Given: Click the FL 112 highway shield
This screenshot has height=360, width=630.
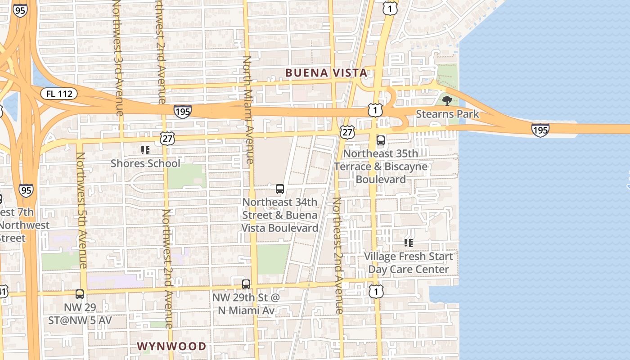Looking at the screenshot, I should pyautogui.click(x=59, y=94).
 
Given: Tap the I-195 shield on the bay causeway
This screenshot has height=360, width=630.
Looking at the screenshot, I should pyautogui.click(x=540, y=130).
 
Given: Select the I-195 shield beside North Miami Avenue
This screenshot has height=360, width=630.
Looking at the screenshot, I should pyautogui.click(x=183, y=111).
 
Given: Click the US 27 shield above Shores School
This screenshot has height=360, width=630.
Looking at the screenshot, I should pyautogui.click(x=167, y=138).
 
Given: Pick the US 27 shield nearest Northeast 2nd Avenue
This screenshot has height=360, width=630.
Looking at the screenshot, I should pyautogui.click(x=347, y=132).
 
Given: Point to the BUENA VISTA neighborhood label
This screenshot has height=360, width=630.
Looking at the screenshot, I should pyautogui.click(x=326, y=73).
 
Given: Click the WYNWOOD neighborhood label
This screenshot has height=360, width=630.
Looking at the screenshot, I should pyautogui.click(x=171, y=346).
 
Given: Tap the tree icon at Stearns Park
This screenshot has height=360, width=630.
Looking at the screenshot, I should pyautogui.click(x=447, y=100).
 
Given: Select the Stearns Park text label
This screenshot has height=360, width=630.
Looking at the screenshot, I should pyautogui.click(x=447, y=114).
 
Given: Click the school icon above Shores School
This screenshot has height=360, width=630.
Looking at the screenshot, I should pyautogui.click(x=145, y=150).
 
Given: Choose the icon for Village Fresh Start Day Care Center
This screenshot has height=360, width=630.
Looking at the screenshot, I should pyautogui.click(x=408, y=243).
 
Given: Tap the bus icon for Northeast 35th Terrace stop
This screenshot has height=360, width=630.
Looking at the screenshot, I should pyautogui.click(x=381, y=140).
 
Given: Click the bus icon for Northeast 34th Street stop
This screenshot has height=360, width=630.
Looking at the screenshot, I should pyautogui.click(x=280, y=189).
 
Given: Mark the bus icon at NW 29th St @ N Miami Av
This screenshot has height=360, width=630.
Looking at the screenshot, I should pyautogui.click(x=246, y=284).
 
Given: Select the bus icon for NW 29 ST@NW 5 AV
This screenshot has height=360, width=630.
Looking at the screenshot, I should pyautogui.click(x=80, y=294).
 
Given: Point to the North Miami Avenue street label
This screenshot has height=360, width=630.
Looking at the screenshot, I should pyautogui.click(x=247, y=110).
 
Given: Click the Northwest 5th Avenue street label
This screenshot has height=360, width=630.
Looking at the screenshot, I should pyautogui.click(x=81, y=210).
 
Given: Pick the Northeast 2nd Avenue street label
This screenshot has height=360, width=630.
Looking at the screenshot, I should pyautogui.click(x=337, y=255).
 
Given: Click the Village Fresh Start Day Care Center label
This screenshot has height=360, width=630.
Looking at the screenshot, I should pyautogui.click(x=408, y=263).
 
